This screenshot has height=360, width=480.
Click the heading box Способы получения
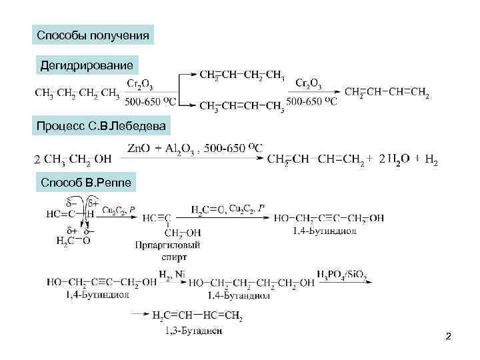click(x=93, y=34)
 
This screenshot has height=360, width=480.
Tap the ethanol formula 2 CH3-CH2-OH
click(x=72, y=159)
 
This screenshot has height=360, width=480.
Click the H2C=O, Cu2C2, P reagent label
click(x=227, y=209)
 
